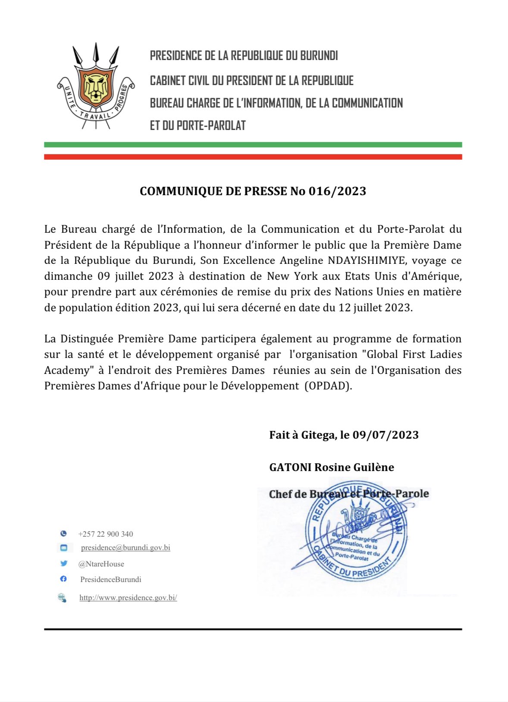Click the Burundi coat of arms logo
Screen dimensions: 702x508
click(96, 86)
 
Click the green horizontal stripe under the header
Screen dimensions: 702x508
click(253, 145)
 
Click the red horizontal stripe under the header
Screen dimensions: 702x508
click(253, 157)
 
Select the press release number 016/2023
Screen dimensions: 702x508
click(337, 191)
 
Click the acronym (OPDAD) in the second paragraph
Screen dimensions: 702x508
click(328, 386)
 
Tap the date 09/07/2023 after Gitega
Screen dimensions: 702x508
click(386, 435)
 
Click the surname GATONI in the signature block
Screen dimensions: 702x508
click(290, 467)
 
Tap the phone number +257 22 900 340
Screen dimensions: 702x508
click(106, 534)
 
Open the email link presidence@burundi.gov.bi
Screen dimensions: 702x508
click(125, 548)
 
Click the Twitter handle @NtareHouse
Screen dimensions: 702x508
click(101, 564)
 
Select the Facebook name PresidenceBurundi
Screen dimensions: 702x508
click(111, 579)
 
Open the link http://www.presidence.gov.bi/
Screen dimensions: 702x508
click(128, 598)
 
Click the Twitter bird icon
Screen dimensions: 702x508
click(64, 563)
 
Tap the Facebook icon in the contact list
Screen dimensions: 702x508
click(63, 579)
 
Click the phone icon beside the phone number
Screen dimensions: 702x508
click(63, 534)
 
